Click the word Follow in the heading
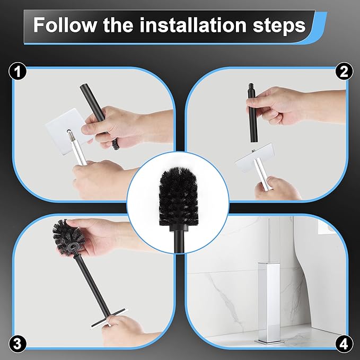click(66, 25)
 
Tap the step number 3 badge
click(19, 343)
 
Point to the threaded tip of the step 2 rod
click(251, 88)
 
